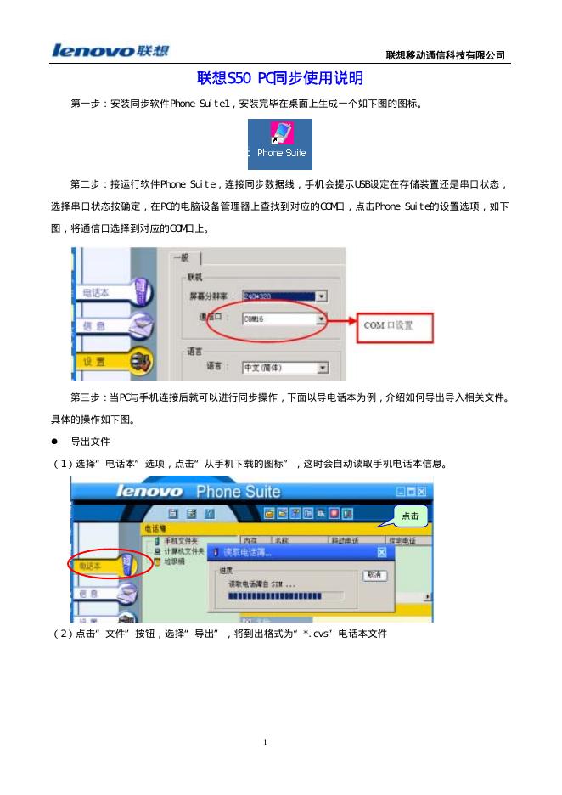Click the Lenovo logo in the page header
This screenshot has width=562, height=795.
point(110,51)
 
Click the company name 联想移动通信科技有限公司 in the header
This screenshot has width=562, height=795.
point(445,55)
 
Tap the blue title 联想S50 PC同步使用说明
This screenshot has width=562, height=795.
point(280,78)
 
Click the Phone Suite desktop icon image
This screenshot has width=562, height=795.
point(280,144)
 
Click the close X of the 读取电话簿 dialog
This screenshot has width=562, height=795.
point(381,553)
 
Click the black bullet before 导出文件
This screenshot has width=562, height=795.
point(55,443)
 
